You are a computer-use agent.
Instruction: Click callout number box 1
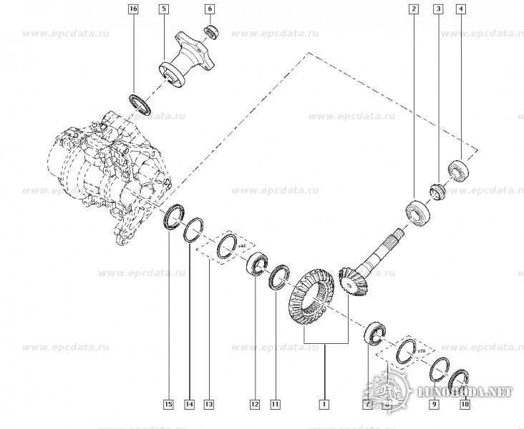coord(324,405)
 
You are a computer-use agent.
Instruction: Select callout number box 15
coord(168,405)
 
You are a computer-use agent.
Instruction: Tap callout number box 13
coord(208,405)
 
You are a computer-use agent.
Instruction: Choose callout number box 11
coord(275,405)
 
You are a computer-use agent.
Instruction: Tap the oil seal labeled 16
coord(140,102)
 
